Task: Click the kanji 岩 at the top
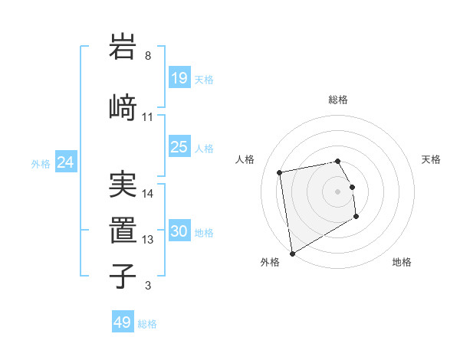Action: click(123, 47)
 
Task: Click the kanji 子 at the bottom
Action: click(123, 275)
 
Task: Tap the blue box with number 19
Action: click(179, 78)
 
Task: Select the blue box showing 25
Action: click(179, 147)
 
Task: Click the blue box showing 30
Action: click(179, 231)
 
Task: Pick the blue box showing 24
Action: click(65, 162)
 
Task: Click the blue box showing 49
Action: click(123, 322)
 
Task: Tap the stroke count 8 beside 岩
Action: click(148, 56)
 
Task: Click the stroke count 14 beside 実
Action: click(148, 194)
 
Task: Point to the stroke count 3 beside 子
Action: click(148, 286)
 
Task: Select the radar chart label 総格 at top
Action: click(338, 100)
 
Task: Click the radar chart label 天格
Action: click(431, 159)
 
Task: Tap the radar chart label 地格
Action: click(402, 262)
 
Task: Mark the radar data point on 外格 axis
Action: click(292, 253)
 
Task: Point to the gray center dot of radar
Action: click(338, 191)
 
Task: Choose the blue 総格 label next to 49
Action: click(147, 324)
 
